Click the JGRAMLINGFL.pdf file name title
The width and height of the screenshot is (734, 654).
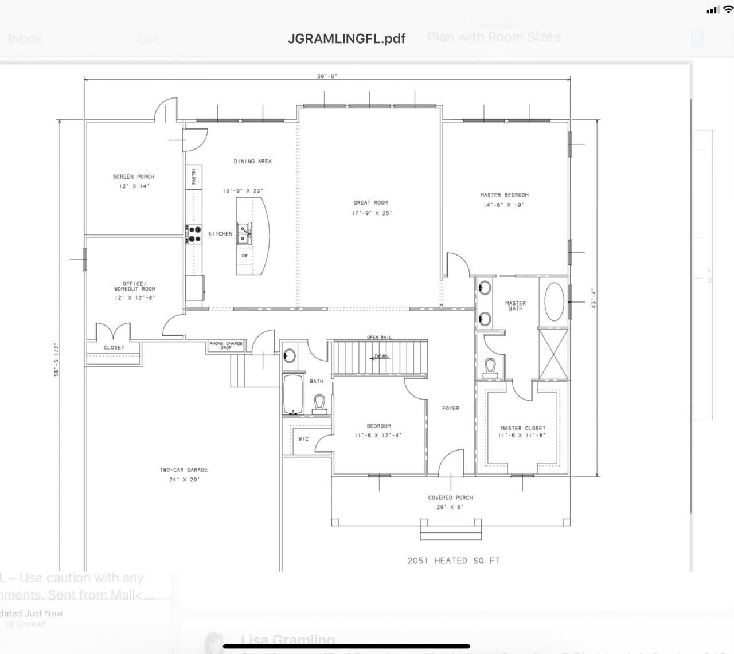coord(346,38)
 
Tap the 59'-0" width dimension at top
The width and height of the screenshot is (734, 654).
coord(327,76)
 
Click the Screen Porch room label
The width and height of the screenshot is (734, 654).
coord(134,177)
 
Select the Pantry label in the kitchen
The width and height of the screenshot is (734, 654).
coord(194,176)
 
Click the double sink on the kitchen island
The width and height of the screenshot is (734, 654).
coord(244,233)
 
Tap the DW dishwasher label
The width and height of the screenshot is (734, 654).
coord(244,256)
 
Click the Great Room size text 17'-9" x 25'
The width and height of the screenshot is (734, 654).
coord(372,213)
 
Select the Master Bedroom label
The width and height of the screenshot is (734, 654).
coord(504,195)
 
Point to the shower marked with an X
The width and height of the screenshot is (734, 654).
coord(553,354)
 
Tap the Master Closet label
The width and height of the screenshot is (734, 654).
coord(522,428)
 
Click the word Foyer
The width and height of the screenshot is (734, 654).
coord(451,408)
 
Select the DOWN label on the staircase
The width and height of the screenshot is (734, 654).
coord(381,357)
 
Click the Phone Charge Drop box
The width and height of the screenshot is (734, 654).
coord(225,346)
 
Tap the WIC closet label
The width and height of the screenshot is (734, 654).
coord(303,439)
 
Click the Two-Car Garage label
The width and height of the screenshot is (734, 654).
coord(183,470)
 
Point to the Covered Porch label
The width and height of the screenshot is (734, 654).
coord(450,498)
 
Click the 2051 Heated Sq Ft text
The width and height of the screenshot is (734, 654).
coord(454,561)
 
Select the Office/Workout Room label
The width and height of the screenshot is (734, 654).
coord(134,287)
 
